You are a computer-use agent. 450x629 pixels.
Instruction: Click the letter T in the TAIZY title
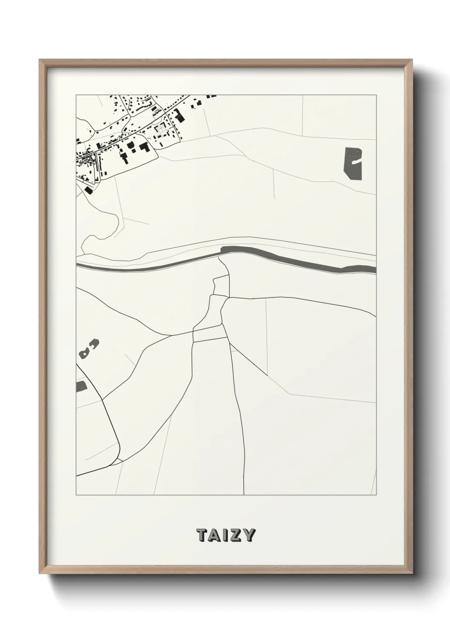click(x=202, y=535)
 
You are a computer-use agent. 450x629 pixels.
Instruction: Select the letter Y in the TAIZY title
click(x=249, y=535)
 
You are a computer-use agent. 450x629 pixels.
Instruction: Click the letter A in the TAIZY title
click(x=215, y=535)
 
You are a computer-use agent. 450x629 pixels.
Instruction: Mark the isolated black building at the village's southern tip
click(x=88, y=190)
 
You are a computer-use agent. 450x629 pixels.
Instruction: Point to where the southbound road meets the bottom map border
click(x=244, y=494)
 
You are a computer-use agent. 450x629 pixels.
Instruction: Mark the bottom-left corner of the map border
click(x=76, y=495)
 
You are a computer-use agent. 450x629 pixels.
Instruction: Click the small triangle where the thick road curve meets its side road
click(x=118, y=460)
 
